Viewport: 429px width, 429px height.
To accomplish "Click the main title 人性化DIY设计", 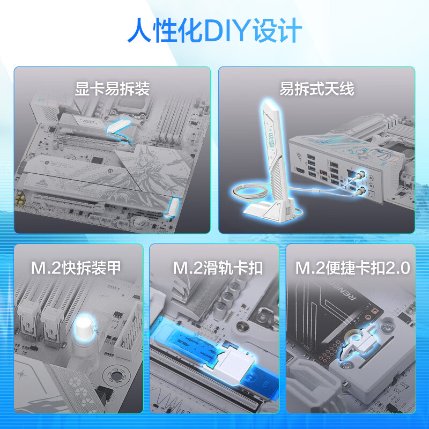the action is (x=214, y=30).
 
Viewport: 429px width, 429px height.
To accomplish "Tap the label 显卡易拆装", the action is (x=112, y=88).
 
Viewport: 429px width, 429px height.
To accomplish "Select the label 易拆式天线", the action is (x=316, y=88).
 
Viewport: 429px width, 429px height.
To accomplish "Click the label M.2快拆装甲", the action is (x=76, y=268).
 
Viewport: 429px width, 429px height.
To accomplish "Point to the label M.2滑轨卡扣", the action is (x=218, y=268).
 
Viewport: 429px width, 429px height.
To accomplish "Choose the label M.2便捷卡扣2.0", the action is (x=353, y=268).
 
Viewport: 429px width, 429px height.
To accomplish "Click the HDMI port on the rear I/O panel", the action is (x=300, y=172).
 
